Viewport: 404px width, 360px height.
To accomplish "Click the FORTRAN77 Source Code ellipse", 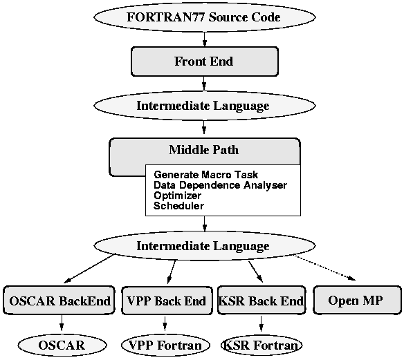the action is click(205, 17).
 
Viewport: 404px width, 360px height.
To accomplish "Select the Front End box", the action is click(205, 61).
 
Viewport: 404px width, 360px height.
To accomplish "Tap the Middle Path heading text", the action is click(204, 150).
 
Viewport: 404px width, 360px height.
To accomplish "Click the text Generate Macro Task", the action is click(205, 175).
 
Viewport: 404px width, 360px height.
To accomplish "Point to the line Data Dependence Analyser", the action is click(220, 185).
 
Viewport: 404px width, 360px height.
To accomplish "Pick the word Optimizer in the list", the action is click(177, 196).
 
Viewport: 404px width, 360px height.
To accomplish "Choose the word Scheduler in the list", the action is click(178, 206).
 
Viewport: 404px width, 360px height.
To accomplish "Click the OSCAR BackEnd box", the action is click(59, 301).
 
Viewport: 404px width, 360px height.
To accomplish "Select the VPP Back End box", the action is click(167, 301).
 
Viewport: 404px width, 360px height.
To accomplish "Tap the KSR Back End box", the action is click(261, 301).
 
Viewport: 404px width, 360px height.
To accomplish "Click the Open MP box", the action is click(357, 300).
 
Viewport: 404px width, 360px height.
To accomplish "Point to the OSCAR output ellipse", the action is click(62, 345).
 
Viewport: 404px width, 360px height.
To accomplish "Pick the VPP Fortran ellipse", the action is click(165, 345).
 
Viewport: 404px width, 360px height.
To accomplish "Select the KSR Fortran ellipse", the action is click(261, 345).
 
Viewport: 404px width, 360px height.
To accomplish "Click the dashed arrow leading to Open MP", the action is click(324, 267).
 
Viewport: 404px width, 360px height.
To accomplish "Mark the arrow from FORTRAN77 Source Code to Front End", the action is click(205, 39).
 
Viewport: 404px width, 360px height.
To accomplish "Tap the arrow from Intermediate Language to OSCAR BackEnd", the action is click(89, 269).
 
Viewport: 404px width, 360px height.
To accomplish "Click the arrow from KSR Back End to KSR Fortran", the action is click(261, 323).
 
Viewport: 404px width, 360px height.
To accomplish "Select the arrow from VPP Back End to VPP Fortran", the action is click(165, 323).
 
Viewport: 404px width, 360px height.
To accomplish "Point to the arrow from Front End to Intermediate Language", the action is click(204, 83).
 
